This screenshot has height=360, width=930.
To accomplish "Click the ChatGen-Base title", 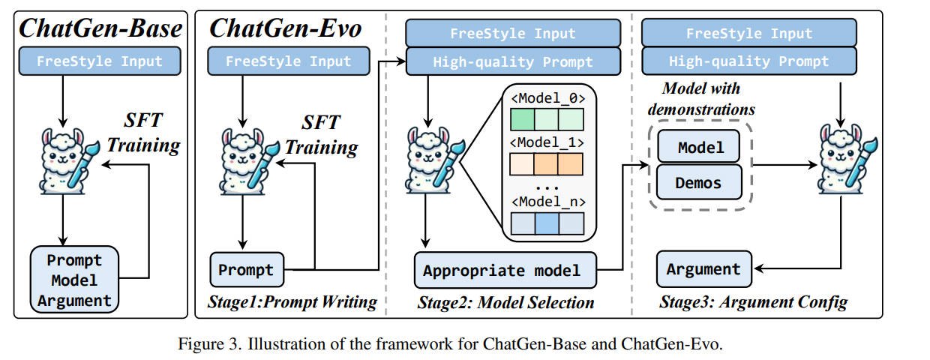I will pos(100,29).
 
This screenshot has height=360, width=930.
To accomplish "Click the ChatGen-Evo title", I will pos(285,29).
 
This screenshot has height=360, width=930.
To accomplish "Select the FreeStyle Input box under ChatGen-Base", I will pos(100,61).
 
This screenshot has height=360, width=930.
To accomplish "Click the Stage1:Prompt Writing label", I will pos(292,302).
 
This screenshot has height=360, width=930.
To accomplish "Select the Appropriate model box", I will pos(505,270).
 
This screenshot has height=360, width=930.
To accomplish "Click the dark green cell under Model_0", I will pos(523,121).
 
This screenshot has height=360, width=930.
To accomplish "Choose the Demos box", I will pos(699,181).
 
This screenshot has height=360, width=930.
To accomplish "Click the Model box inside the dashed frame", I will pos(699,147).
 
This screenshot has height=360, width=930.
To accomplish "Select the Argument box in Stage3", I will pos(703,269).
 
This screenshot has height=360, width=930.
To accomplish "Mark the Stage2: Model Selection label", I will pos(505,303).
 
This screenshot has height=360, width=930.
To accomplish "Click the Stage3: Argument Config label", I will pos(753,303).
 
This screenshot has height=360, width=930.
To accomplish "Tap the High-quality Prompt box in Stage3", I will pos(748,61).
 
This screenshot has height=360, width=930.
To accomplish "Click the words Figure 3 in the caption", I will pos(203,344).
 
